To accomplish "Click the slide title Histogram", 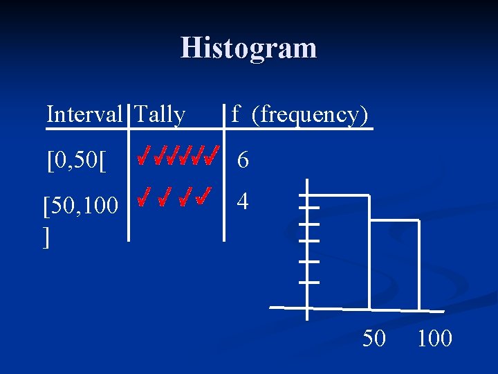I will click(x=248, y=48).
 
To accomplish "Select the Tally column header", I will click(x=160, y=114).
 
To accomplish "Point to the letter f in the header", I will click(x=236, y=114).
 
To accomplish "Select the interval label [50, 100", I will click(x=80, y=206).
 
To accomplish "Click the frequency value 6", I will click(x=243, y=161).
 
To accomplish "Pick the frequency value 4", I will click(x=243, y=202).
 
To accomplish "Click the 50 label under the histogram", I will click(x=374, y=338).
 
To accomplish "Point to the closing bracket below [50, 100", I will click(x=46, y=238).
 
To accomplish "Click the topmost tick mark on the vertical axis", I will click(x=308, y=207).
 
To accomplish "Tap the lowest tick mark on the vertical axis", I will click(x=308, y=282).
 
